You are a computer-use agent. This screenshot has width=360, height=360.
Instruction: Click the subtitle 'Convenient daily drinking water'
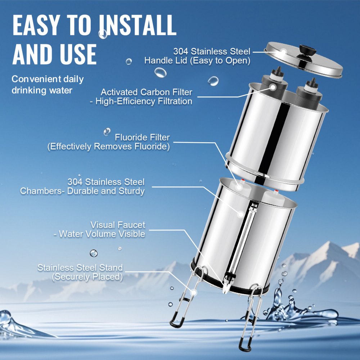[x=48, y=85]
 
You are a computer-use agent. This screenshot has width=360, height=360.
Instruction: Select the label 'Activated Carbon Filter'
[x=146, y=92]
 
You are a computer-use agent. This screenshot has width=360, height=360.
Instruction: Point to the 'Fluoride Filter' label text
[x=142, y=137]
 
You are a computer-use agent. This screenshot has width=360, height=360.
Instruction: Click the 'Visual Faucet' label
[x=118, y=225]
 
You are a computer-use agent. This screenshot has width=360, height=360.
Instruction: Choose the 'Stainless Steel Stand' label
[x=80, y=268]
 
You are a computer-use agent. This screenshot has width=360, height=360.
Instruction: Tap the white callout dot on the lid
[x=283, y=52]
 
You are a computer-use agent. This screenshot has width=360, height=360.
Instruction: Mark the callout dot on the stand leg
[x=194, y=293]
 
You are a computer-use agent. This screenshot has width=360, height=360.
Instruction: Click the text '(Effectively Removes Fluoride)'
[x=108, y=147]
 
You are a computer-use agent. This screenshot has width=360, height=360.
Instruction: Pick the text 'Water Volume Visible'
[x=102, y=234]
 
